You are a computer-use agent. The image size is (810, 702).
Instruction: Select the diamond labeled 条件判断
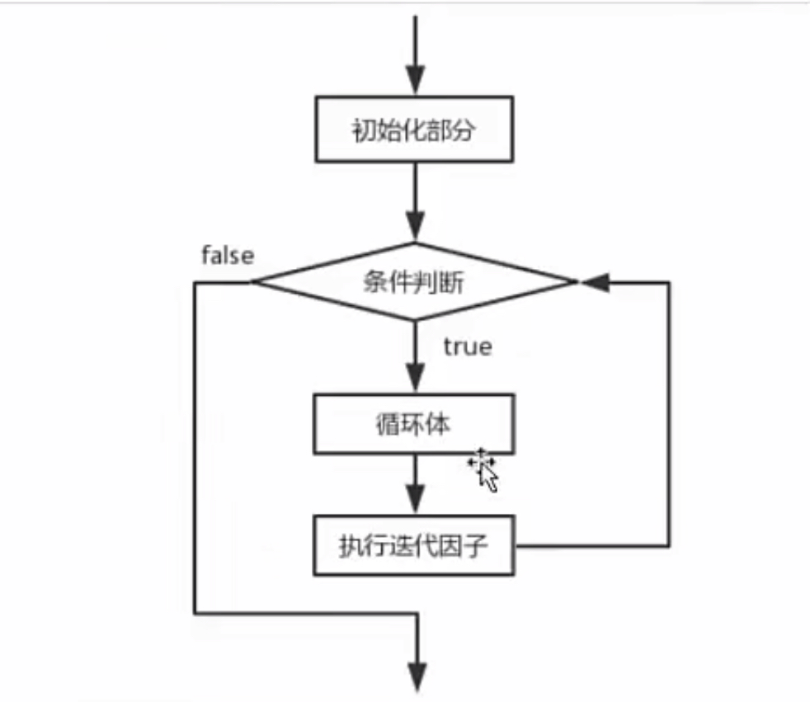(414, 283)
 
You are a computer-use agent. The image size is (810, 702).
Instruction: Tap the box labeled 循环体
(414, 425)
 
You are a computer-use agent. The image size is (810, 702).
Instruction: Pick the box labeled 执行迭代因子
(414, 545)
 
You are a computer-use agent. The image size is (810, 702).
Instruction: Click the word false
(228, 256)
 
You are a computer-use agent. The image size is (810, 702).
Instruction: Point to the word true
(467, 346)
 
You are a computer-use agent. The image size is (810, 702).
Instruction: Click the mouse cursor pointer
(486, 470)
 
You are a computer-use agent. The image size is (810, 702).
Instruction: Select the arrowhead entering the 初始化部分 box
(415, 87)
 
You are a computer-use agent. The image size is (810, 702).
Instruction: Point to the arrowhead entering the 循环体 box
(415, 382)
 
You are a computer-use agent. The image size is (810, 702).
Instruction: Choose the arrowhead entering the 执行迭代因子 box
(415, 502)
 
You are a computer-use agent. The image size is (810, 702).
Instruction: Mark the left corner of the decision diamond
(253, 283)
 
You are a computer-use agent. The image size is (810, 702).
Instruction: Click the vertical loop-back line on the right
(669, 412)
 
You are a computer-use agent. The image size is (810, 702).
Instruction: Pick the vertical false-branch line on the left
(195, 445)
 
